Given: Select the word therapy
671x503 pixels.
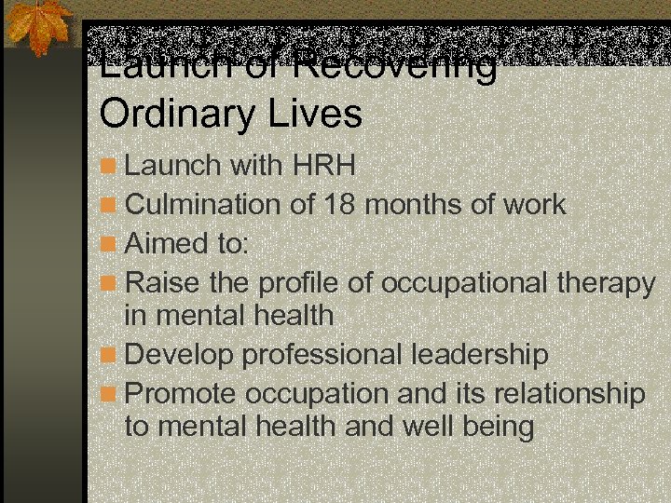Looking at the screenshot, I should (607, 280).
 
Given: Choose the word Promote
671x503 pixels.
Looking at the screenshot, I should (181, 393).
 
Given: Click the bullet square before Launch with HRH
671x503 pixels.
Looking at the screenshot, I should (110, 167).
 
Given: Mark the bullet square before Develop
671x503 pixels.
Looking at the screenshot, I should (110, 356).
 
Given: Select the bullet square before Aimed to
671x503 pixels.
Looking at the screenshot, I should (110, 243).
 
